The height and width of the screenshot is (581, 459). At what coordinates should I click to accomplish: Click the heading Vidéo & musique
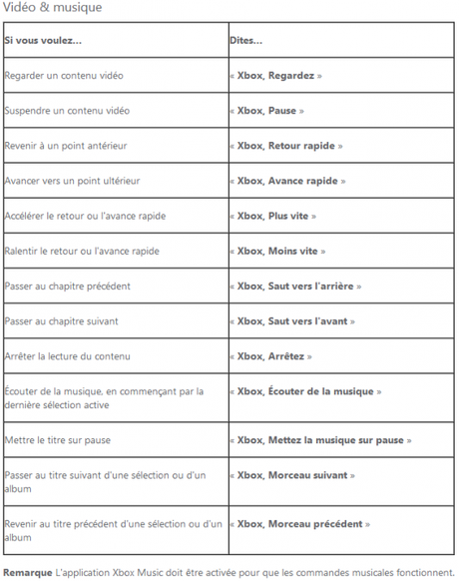[51, 8]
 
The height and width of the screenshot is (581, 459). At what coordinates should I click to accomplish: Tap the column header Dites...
[245, 40]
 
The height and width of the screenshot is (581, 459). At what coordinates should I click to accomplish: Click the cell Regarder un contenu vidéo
[65, 75]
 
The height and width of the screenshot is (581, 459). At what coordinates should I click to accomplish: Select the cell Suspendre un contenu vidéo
[67, 110]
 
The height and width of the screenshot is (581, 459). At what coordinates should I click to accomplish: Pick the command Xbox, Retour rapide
[289, 146]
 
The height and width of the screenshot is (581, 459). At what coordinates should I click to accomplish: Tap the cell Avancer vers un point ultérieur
[73, 181]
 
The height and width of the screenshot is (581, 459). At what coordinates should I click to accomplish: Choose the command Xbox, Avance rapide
[291, 181]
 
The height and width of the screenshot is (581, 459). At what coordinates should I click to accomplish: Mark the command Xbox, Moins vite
[280, 251]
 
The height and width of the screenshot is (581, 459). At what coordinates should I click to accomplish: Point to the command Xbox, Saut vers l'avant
[295, 320]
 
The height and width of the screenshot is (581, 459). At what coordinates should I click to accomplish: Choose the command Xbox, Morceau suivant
[295, 475]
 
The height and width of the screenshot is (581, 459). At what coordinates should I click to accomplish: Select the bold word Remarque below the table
[28, 572]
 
